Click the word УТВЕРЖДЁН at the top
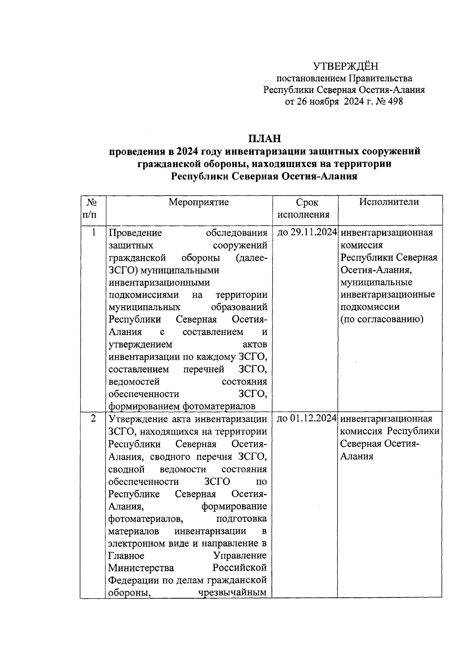click(x=346, y=66)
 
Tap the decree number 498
click(x=394, y=102)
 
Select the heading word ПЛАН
click(x=264, y=139)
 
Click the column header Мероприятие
click(x=198, y=202)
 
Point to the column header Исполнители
click(x=389, y=202)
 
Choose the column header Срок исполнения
click(x=305, y=209)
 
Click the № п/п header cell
click(x=92, y=209)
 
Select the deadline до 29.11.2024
click(x=306, y=233)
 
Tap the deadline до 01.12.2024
click(x=306, y=419)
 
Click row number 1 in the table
click(x=93, y=233)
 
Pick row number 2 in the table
click(x=93, y=419)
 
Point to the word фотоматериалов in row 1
click(x=219, y=406)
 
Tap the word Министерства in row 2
click(x=141, y=568)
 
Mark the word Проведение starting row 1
click(x=135, y=233)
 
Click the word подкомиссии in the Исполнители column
click(x=370, y=307)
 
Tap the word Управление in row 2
click(x=240, y=556)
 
